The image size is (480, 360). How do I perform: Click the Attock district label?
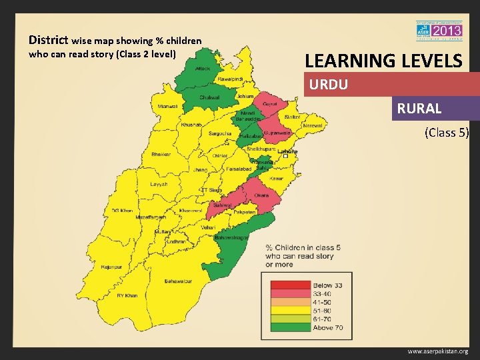pos(203,69)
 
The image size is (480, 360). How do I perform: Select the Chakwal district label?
pos(210,97)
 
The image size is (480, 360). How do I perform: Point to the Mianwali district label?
pos(167,107)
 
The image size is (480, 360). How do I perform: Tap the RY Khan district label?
pos(127,295)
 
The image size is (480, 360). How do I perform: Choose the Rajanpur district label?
pos(112,267)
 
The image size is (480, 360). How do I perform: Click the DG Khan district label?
pos(122,211)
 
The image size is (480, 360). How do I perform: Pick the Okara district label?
pos(261,195)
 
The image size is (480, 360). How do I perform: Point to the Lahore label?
pos(287,152)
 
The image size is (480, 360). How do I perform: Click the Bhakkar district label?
pos(161,155)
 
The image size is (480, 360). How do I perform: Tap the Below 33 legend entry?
pos(327,285)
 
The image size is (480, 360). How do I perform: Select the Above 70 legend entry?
pos(327,327)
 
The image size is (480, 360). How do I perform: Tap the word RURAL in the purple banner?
pos(419,109)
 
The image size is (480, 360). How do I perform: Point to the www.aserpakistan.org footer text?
pos(438,351)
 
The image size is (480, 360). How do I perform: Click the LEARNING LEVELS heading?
pos(383,61)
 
